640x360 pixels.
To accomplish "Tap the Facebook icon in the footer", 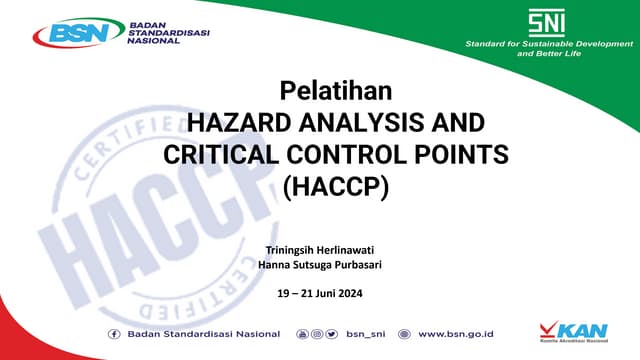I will pos(114,333).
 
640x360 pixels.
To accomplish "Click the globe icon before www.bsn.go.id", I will pos(404,333).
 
